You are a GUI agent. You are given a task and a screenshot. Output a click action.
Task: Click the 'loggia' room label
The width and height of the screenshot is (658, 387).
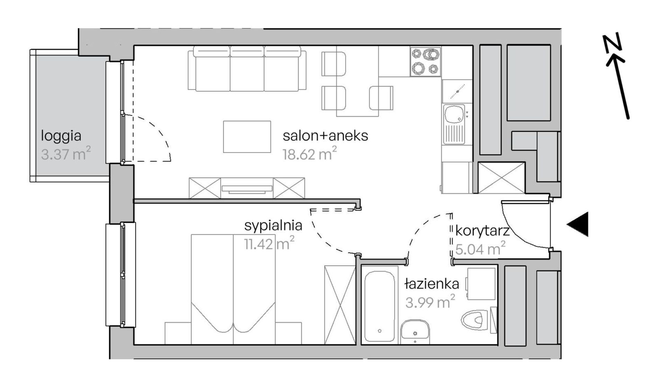point(61,136)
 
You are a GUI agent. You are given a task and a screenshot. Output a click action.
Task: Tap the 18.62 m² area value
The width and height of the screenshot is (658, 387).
point(310,154)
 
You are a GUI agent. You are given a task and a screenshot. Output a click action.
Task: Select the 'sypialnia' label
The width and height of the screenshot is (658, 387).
point(273,226)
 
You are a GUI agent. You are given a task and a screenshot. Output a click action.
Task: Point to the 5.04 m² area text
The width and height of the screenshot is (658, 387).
point(480,249)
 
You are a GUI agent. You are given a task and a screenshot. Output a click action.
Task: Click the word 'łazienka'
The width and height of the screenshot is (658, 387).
point(432,284)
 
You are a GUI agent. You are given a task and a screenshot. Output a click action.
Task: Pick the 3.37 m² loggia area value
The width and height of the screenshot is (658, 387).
point(66,154)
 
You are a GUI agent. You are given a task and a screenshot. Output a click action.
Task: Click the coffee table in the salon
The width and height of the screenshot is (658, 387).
point(247,137)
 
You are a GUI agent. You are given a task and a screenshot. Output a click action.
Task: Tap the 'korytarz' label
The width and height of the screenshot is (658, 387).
point(482,231)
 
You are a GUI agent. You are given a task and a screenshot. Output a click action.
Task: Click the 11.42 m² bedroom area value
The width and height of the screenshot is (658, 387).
point(269,244)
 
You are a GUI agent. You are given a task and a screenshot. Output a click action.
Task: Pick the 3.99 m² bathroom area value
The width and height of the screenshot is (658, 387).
point(430,302)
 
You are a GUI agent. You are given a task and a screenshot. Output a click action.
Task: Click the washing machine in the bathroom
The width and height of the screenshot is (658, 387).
point(481,284)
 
